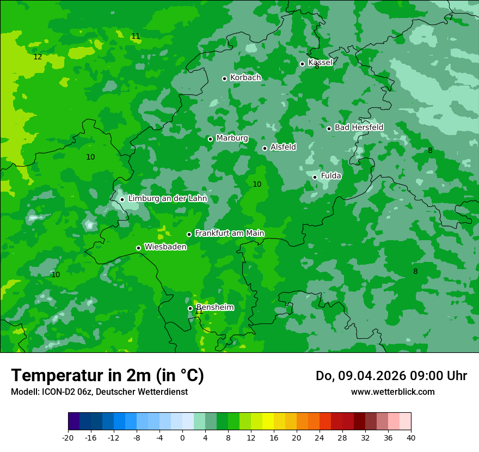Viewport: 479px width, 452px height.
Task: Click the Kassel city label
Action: (320, 63)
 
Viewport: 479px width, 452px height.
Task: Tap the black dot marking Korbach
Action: (224, 78)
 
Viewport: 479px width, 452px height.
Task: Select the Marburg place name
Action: (232, 138)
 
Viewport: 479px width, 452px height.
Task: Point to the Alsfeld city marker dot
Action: (265, 148)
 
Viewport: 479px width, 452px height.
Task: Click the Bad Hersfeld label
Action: (359, 127)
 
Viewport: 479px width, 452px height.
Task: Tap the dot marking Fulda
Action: (315, 177)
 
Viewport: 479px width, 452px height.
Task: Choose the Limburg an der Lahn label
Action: (167, 199)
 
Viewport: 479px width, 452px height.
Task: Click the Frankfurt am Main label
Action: (229, 233)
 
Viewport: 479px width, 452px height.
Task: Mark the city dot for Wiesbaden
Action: (138, 248)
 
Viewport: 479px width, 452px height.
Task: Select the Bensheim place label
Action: (214, 307)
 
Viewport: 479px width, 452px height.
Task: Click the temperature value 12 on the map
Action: (38, 57)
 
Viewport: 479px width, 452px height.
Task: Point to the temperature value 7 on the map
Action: (451, 17)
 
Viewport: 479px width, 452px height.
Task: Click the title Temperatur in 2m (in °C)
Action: (107, 375)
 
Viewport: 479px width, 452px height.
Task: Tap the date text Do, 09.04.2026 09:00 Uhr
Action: (391, 376)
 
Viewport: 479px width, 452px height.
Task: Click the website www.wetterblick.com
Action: (392, 392)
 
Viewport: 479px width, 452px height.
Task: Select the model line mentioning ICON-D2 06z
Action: (99, 392)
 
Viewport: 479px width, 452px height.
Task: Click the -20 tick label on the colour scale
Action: (68, 437)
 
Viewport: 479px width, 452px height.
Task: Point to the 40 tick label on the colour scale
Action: (410, 437)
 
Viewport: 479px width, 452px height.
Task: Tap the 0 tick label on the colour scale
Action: (182, 437)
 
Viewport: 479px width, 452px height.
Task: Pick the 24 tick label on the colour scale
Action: (320, 437)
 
